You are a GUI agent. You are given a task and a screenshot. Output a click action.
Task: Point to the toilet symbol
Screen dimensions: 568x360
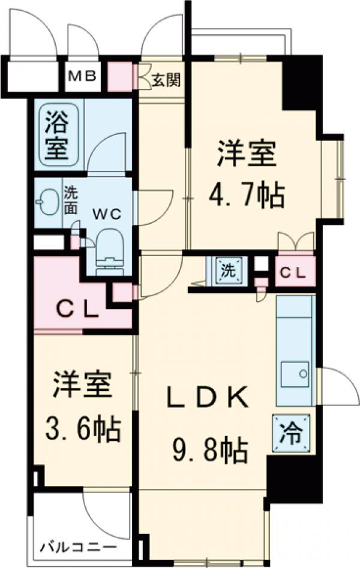point(109,253)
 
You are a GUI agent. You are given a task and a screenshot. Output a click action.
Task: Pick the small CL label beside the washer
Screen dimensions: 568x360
point(294,272)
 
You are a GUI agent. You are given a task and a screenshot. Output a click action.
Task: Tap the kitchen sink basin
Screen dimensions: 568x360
point(295,375)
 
